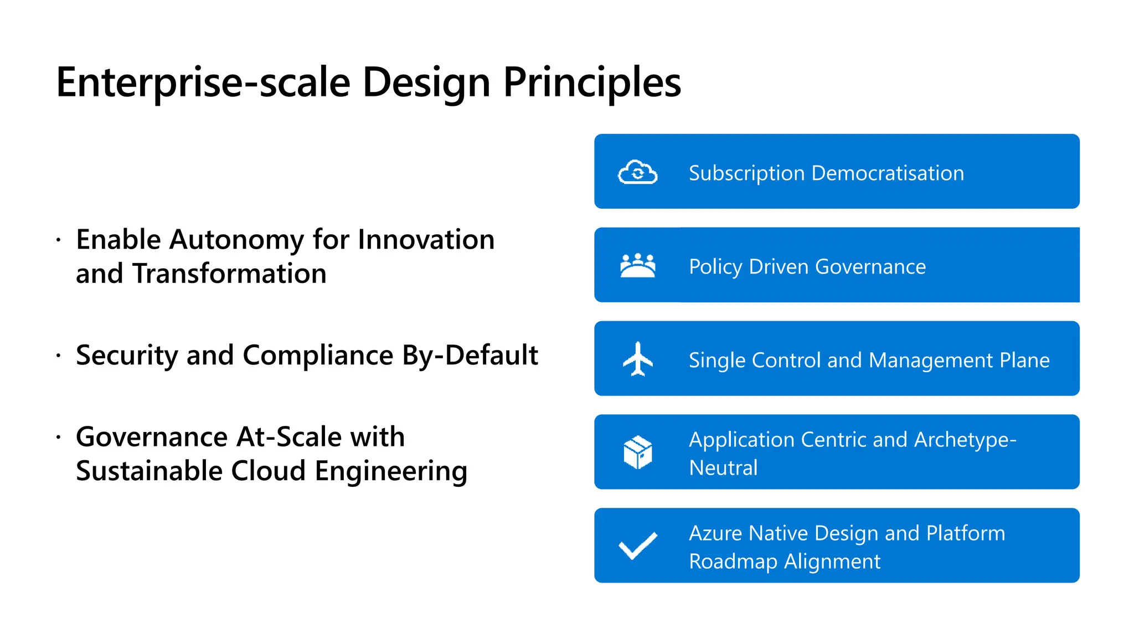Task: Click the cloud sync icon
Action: click(637, 173)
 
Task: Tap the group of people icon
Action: click(638, 266)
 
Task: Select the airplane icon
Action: click(638, 359)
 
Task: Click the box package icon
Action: click(638, 452)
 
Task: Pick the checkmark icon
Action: click(638, 546)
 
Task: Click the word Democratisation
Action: click(888, 173)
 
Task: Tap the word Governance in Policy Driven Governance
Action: click(870, 267)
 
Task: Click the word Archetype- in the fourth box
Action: click(965, 440)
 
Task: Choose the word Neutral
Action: click(723, 468)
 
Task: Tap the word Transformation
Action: click(229, 274)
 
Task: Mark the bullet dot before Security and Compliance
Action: click(58, 356)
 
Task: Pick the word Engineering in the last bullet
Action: click(391, 471)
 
